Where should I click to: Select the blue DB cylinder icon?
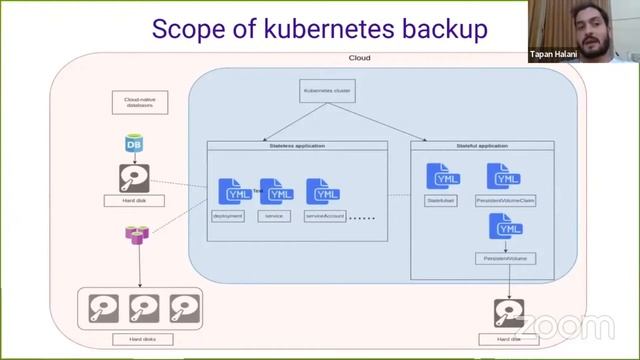coord(134,146)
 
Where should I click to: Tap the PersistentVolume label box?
coord(508,258)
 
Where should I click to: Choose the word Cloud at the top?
coord(359,58)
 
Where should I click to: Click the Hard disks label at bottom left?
coord(144,341)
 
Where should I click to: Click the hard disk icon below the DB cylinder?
coord(135,180)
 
